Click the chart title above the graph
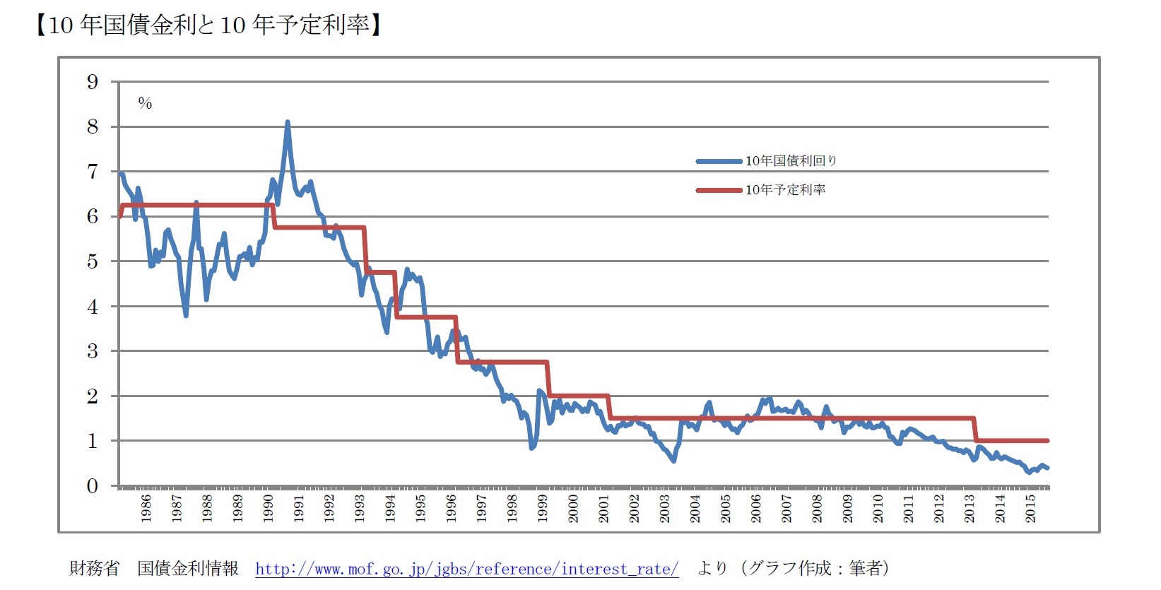208,25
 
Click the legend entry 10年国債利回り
791,161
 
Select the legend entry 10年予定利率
785,190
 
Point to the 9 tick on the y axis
93,82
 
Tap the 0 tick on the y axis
93,486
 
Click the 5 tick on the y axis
93,261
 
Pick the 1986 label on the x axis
146,508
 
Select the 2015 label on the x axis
1030,508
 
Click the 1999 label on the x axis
543,508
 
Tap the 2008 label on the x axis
817,508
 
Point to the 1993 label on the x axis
360,508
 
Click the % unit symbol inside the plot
145,104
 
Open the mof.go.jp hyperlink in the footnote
466,569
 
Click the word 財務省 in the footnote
94,569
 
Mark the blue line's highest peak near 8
288,123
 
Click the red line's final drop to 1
975,430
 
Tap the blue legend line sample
719,161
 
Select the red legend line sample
719,190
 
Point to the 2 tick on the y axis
93,396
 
